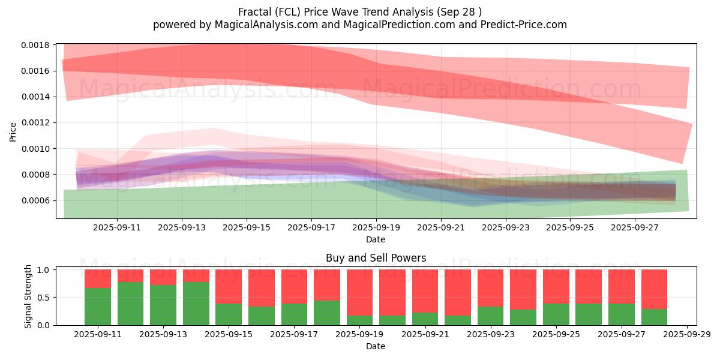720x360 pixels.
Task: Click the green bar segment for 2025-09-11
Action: pyautogui.click(x=98, y=307)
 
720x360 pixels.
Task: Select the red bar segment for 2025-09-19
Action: pyautogui.click(x=359, y=293)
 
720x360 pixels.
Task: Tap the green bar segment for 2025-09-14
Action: pyautogui.click(x=196, y=304)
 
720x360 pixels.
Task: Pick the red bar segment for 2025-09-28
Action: pyautogui.click(x=654, y=289)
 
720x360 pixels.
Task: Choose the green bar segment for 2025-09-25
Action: pyautogui.click(x=556, y=314)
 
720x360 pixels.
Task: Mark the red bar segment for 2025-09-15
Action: pyautogui.click(x=229, y=287)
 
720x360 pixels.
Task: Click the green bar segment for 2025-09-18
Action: pyautogui.click(x=327, y=313)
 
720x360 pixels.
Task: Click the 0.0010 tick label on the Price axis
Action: pyautogui.click(x=35, y=149)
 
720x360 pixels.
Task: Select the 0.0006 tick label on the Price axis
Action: pyautogui.click(x=35, y=200)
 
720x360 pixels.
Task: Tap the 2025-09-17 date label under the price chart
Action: pyautogui.click(x=311, y=227)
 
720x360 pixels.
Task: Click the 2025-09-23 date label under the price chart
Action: pyautogui.click(x=506, y=227)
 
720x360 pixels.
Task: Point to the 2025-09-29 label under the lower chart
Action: pyautogui.click(x=687, y=335)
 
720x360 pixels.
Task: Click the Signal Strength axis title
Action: pyautogui.click(x=28, y=296)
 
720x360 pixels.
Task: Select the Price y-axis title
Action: pyautogui.click(x=13, y=132)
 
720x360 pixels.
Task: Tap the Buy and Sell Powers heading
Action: pyautogui.click(x=376, y=258)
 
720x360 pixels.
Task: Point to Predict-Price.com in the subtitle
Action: pyautogui.click(x=524, y=25)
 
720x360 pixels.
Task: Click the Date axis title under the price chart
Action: pyautogui.click(x=376, y=239)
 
